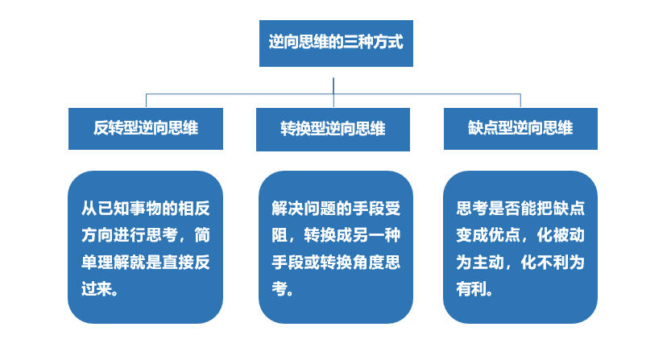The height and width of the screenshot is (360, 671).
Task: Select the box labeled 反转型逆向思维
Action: pos(146,129)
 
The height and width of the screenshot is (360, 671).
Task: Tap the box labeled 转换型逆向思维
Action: pos(333,130)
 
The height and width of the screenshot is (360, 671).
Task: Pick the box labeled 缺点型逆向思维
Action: pos(520,129)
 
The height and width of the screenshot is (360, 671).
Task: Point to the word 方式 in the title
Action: pos(388,41)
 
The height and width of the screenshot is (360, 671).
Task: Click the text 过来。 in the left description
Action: pos(100,288)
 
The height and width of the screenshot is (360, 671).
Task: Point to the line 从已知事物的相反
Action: pos(146,209)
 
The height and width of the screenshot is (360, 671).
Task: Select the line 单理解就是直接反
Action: pos(146,263)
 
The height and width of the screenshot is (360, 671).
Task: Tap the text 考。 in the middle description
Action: pos(283,288)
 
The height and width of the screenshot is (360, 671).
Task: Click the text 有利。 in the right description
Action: pos(474,288)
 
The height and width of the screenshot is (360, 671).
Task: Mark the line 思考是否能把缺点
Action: pos(520,209)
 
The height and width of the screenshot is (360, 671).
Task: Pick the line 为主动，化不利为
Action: pos(520,263)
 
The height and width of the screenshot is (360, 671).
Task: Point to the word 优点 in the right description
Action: pos(508,235)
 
